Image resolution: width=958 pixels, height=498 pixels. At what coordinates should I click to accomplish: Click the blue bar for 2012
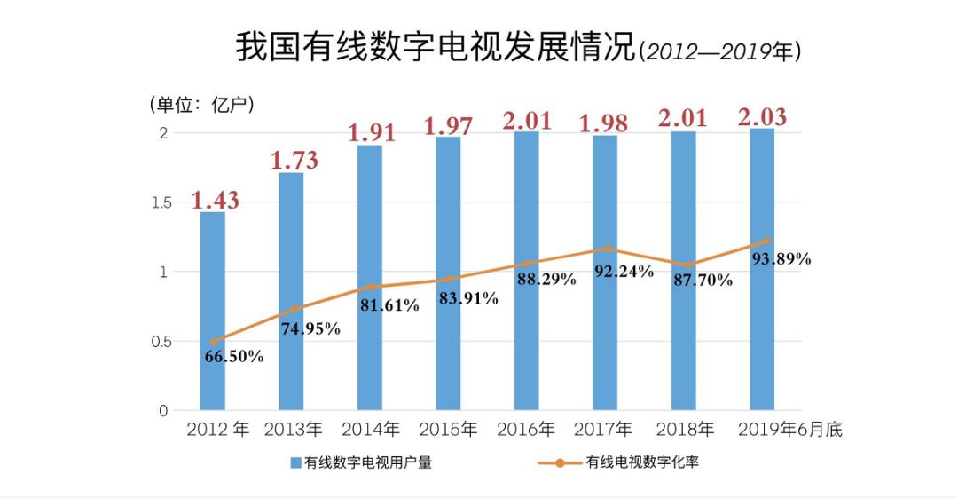coord(212,311)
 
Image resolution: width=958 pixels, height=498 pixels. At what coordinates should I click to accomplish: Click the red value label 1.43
coord(216,200)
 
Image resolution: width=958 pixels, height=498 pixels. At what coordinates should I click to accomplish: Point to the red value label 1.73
coord(294,161)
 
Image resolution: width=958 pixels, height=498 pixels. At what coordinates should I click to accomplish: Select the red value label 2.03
coord(762,117)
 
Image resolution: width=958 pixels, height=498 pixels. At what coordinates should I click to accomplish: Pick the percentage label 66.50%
coord(233,357)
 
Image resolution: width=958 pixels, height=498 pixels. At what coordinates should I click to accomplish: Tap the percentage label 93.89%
coord(781,259)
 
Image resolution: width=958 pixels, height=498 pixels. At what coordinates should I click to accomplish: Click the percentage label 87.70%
coord(703,281)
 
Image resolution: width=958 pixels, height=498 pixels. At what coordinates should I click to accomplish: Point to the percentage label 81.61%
coord(389,305)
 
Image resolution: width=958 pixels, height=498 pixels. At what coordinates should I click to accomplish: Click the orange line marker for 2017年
coord(607,249)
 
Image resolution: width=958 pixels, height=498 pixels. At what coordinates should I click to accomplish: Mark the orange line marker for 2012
coord(213,341)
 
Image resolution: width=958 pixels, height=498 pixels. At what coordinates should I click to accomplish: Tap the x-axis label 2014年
coord(371,430)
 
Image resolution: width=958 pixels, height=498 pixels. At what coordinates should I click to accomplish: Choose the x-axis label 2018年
coord(685,430)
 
